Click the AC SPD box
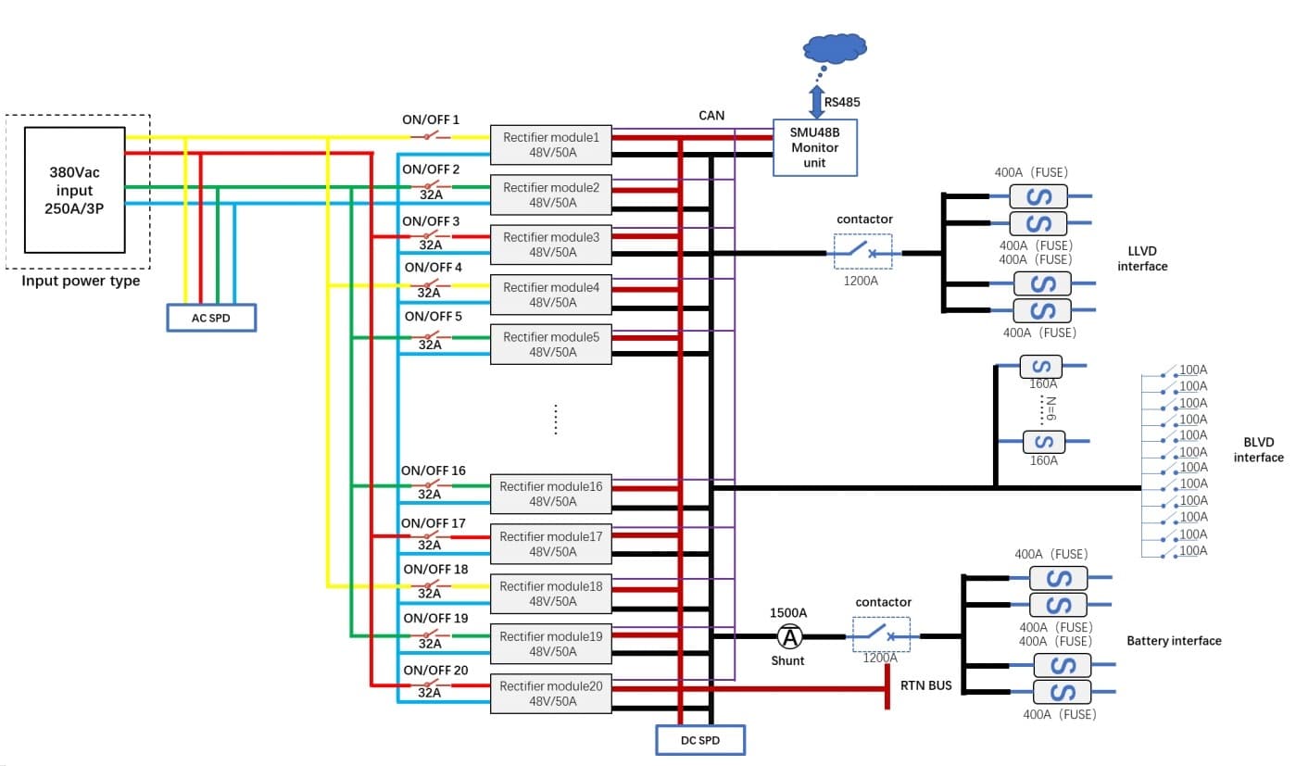211,318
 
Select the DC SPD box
700,740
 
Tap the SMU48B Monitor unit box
814,147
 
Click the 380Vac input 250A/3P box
75,190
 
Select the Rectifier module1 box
551,144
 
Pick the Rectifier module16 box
551,494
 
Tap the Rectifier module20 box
551,694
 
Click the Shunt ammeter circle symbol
789,636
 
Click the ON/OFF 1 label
430,119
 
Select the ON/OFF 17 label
433,523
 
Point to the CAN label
711,116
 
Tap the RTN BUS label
925,686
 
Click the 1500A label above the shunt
788,613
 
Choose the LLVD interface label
1141,258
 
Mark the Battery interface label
1174,641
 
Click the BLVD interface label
1258,450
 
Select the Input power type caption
81,281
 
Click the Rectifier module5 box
551,345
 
